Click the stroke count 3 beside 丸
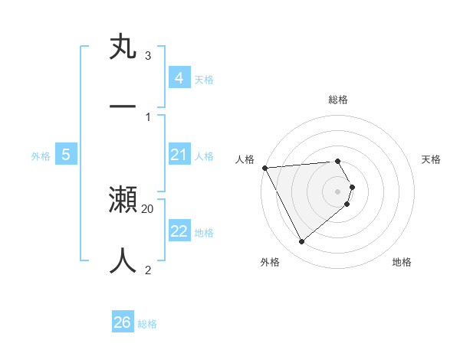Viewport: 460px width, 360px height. [148, 57]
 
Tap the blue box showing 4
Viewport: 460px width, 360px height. [179, 77]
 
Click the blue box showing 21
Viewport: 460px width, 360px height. [179, 155]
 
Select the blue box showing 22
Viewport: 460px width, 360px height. [179, 231]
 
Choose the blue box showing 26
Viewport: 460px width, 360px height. [123, 322]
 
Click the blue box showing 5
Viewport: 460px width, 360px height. [66, 155]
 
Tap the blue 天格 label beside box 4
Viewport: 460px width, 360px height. [204, 79]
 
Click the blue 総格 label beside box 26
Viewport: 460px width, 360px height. [147, 324]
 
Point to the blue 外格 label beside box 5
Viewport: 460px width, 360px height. [41, 156]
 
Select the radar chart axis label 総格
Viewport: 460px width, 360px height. [338, 100]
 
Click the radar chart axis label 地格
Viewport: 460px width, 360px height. [402, 262]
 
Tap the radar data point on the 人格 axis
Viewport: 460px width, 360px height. [264, 168]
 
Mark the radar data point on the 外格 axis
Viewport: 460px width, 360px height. [301, 242]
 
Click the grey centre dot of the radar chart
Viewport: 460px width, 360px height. [338, 191]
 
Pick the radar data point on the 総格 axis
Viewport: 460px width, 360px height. [338, 161]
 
